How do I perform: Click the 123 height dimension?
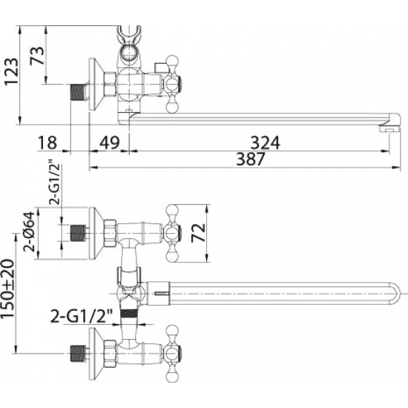pyautogui.click(x=12, y=71)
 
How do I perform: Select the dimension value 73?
pyautogui.click(x=37, y=56)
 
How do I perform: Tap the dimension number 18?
pyautogui.click(x=47, y=142)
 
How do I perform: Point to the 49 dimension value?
pyautogui.click(x=110, y=142)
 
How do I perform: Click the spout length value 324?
pyautogui.click(x=265, y=143)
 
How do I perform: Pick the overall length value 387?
pyautogui.click(x=250, y=159)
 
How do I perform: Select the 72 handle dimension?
pyautogui.click(x=198, y=233)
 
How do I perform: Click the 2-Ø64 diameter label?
pyautogui.click(x=29, y=231)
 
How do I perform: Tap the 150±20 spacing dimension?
pyautogui.click(x=8, y=289)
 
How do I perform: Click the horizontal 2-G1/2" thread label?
pyautogui.click(x=81, y=315)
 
